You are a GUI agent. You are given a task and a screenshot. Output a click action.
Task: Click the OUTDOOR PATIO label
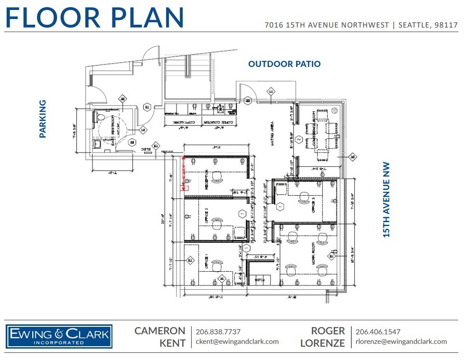tap(284, 64)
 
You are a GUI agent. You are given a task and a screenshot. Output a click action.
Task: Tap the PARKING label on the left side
tap(43, 119)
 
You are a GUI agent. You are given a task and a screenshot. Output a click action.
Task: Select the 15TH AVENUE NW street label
tap(387, 199)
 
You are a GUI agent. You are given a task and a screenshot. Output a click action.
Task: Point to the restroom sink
tap(97, 143)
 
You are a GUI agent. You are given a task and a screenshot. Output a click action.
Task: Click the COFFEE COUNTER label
tap(219, 123)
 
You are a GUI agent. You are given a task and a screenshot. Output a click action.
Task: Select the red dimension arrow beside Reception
tap(184, 173)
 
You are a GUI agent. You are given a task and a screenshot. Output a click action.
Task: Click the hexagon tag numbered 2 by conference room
tap(299, 139)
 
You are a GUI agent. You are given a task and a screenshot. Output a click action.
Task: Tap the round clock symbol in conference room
tap(335, 110)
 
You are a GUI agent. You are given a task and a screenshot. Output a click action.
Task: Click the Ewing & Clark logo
tap(59, 337)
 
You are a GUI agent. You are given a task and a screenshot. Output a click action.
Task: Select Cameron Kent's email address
tap(237, 341)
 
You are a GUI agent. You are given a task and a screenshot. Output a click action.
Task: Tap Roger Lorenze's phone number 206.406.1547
tap(378, 332)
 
